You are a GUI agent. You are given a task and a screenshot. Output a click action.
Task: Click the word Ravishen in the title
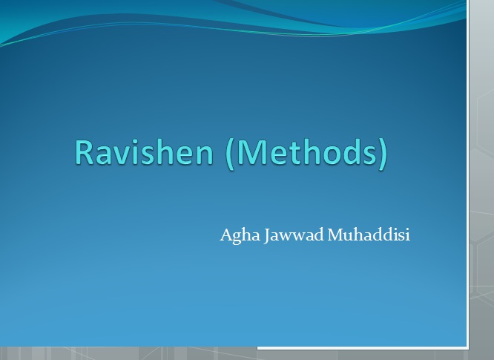click(144, 152)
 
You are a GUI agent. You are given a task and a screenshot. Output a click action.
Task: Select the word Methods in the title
click(306, 151)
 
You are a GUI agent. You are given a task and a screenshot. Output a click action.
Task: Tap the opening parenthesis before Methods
click(229, 154)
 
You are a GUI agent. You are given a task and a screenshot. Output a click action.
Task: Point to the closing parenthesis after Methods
click(383, 154)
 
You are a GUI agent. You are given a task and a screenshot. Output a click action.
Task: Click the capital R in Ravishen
click(83, 152)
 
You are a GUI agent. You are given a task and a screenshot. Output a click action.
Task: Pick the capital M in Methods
click(247, 152)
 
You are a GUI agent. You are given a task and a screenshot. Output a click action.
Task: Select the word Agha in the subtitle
click(240, 235)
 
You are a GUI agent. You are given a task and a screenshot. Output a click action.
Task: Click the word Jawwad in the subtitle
click(294, 235)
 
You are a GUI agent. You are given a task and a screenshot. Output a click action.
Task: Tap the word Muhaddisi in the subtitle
click(369, 235)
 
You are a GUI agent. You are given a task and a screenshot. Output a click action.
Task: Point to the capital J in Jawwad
click(267, 236)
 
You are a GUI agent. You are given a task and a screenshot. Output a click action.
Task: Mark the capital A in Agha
click(226, 235)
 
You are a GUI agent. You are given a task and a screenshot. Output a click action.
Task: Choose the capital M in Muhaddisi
click(335, 235)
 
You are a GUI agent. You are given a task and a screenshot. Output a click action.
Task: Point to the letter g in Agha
click(238, 238)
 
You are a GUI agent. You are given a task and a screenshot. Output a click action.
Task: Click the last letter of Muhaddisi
click(408, 235)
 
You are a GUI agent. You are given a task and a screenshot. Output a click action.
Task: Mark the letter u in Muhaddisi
click(347, 237)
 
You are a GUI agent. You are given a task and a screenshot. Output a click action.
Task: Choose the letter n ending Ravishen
click(205, 155)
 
